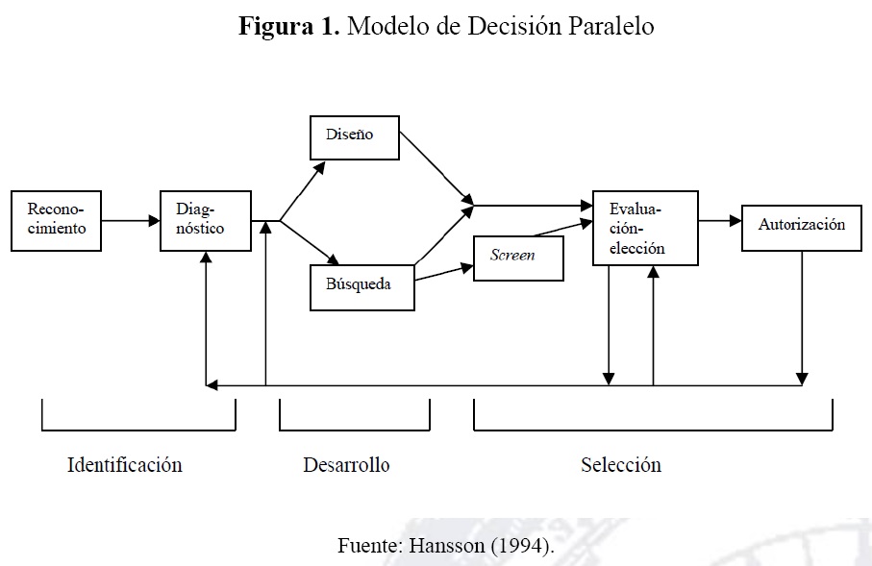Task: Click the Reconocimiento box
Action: pos(56,220)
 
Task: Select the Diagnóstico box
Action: pos(205,220)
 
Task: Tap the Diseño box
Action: pos(355,136)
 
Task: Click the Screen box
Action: pos(518,257)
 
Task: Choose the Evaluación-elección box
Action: pos(645,228)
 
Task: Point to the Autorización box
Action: pos(801,226)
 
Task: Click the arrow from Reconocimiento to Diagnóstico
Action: pos(131,221)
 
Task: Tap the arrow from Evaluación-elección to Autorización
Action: pos(720,221)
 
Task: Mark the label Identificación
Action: pos(125,465)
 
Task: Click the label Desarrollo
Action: pos(346,465)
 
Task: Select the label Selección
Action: pos(621,465)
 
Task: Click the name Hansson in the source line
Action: pos(446,546)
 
